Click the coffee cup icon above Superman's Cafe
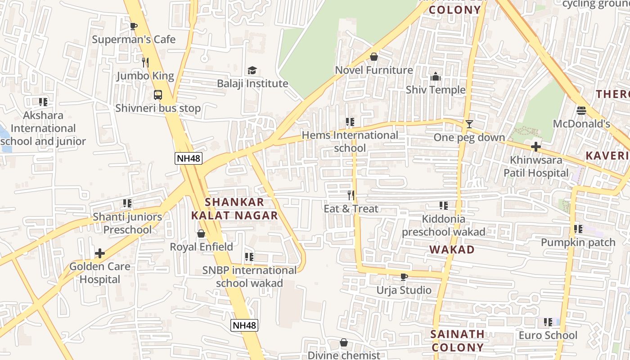click(x=133, y=26)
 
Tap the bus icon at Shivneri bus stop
click(x=157, y=95)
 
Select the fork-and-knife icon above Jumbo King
click(x=145, y=62)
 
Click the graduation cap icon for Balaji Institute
click(x=252, y=70)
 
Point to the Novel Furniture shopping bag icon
click(x=373, y=57)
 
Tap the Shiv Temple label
click(x=435, y=90)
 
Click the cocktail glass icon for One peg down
click(x=469, y=124)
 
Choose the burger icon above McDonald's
click(x=581, y=110)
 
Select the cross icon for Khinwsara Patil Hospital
click(x=535, y=147)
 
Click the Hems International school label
click(x=350, y=141)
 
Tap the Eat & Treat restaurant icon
click(x=351, y=195)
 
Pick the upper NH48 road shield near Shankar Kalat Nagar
click(x=188, y=158)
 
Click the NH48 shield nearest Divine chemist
click(x=244, y=325)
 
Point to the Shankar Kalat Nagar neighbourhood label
click(x=234, y=209)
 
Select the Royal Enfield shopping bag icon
click(x=201, y=234)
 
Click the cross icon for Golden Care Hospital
click(x=99, y=253)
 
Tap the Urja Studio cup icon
click(x=404, y=277)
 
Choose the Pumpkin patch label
click(x=578, y=243)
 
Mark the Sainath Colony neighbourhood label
click(x=457, y=341)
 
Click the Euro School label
click(x=548, y=335)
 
